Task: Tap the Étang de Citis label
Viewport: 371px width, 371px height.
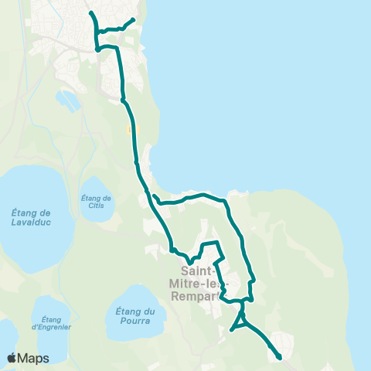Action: tap(97, 202)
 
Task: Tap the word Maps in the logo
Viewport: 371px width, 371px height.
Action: tap(34, 358)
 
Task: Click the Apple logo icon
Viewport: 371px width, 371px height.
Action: tap(12, 358)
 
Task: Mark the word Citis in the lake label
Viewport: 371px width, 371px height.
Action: tap(97, 206)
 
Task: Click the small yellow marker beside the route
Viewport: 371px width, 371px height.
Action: tap(128, 130)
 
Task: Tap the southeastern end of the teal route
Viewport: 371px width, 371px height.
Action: tap(278, 357)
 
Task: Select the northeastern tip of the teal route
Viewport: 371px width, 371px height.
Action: tap(134, 20)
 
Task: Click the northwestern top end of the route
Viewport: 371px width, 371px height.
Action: tap(91, 13)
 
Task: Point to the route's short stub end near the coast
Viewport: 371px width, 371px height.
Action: tap(155, 196)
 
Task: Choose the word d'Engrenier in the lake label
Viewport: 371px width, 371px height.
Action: tap(52, 326)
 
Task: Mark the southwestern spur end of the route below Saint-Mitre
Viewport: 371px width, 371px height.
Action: tap(232, 330)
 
